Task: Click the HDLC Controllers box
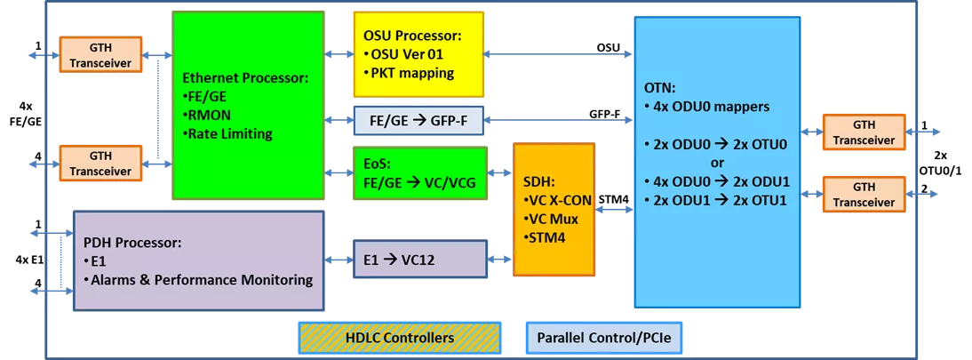pos(398,338)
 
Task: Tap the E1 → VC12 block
pos(418,259)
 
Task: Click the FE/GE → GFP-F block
pos(418,120)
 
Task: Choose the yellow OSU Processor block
pos(418,54)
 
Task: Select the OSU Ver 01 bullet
pos(410,54)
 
